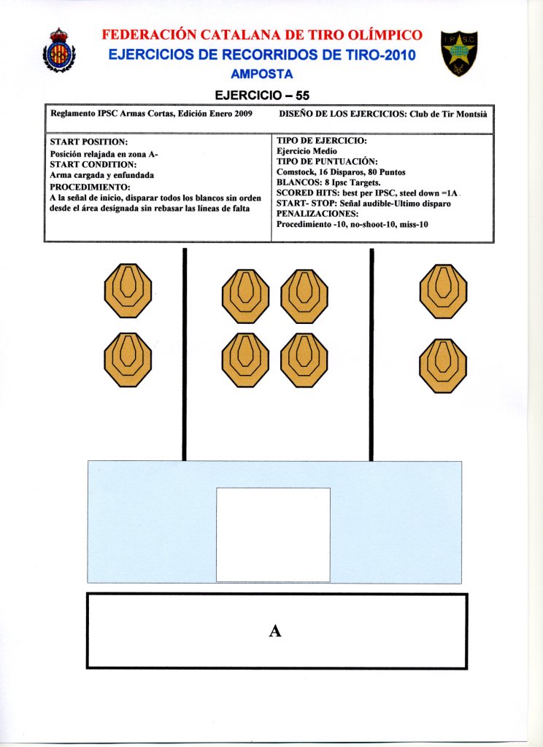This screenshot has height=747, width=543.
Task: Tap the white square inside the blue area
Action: [x=273, y=534]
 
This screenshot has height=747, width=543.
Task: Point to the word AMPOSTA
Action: [x=261, y=74]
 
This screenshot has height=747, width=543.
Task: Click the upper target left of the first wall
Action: [x=128, y=290]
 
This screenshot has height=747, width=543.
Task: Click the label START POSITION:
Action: [x=89, y=141]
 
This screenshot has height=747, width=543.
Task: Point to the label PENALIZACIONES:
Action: [x=317, y=214]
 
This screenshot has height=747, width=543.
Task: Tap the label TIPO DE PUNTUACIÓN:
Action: [x=327, y=161]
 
